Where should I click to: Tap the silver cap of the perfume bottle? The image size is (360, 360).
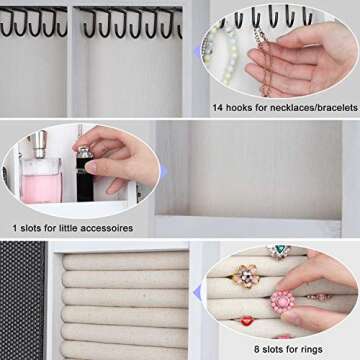point(40,143)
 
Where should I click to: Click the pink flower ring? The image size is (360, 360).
point(283,302)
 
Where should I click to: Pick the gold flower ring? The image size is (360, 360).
point(246,276)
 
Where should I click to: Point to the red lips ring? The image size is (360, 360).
point(247,321)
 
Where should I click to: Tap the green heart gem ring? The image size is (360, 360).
point(279,251)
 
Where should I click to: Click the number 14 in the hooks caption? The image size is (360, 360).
point(218,108)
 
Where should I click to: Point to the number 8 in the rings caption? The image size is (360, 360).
point(257,349)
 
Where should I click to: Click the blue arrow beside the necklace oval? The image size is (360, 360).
point(197,51)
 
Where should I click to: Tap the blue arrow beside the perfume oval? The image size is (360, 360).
point(164,171)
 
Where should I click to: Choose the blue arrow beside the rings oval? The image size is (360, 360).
point(197,292)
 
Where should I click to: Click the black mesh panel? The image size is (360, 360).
point(22,300)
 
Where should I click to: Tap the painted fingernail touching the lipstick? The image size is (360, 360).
point(91,167)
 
